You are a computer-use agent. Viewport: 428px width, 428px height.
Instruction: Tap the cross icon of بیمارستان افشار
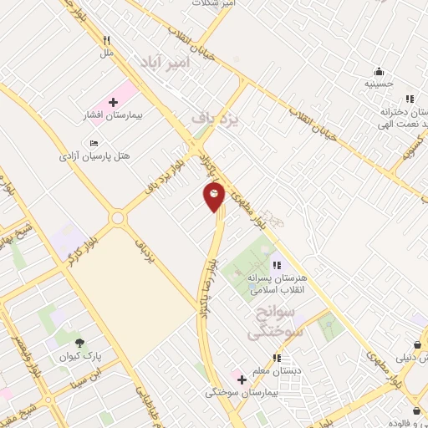pos(113,101)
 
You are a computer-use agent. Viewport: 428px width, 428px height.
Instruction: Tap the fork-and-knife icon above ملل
pos(106,40)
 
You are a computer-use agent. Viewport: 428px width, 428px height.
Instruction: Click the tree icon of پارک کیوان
pos(79,343)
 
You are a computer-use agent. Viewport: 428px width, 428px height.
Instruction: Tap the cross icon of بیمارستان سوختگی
pos(242,380)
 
